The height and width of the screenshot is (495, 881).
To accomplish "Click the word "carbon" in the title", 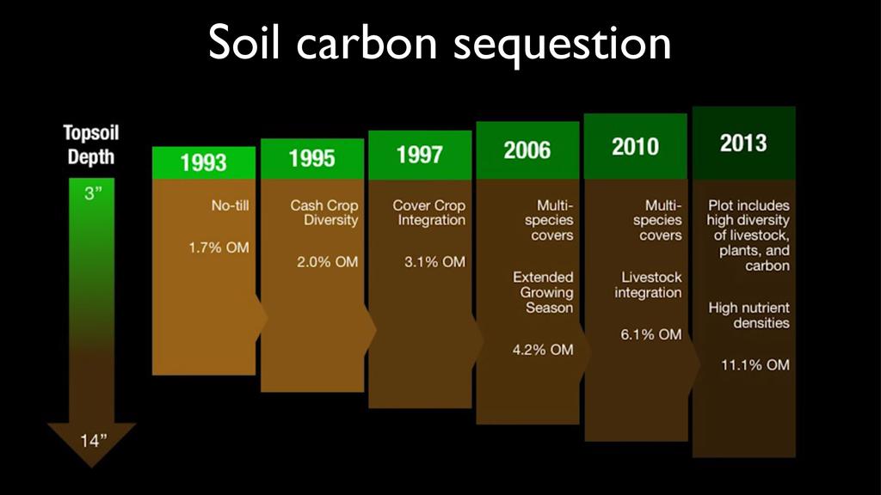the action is pos(367,43).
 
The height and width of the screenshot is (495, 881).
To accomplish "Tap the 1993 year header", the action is pos(203,162).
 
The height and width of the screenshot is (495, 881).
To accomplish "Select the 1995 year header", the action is pos(311,158).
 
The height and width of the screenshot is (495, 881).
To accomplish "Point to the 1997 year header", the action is pos(420,155).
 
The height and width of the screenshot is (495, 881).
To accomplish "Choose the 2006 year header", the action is pos(527,150).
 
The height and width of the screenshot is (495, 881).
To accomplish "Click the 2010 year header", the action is pos(636,146).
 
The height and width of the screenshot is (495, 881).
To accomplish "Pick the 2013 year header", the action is pos(743,143).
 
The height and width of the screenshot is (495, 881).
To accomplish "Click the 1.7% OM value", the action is pos(219,247).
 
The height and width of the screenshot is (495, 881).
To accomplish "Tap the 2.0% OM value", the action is pos(327,262).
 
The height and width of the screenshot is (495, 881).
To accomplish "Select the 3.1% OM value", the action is pos(434,262).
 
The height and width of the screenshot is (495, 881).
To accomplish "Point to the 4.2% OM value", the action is pos(543,350).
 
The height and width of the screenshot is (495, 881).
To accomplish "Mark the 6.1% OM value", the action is pos(651,334).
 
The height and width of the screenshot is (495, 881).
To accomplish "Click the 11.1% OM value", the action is pos(755,364).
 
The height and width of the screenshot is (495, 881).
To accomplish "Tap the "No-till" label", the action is pos(230,205).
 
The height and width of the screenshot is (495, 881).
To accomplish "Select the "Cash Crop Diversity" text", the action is pos(324,213).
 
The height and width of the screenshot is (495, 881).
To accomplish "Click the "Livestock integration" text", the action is pos(648,284).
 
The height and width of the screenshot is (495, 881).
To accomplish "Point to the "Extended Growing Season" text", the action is pos(544,292).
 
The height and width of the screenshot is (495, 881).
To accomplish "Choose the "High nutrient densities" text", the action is pos(749,315).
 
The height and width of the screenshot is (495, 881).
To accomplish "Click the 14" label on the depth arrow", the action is pos(93,441).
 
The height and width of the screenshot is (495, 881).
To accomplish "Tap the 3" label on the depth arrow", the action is pos(93,193).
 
